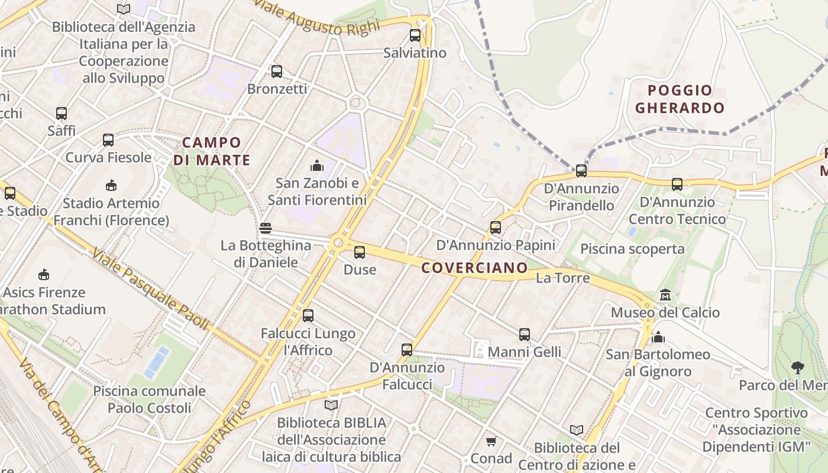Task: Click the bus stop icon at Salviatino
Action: pos(415,35)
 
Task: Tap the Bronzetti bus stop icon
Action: pos(277,72)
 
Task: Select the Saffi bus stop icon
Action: pos(62,113)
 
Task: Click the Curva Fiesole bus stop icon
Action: pos(108,140)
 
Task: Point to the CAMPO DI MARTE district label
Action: pos(212,151)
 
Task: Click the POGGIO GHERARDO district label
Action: pos(680,99)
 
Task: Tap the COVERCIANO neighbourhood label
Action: pos(474,268)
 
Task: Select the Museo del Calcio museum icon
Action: pos(665,294)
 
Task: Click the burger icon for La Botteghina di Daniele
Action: pos(266,228)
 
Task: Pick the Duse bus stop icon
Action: pos(360,252)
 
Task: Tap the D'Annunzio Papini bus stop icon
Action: pos(496,227)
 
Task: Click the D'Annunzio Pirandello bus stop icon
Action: pos(581,171)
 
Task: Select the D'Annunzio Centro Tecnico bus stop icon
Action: pos(677,184)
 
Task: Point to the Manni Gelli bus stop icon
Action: pos(525,335)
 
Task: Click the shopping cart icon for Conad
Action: pos(491,442)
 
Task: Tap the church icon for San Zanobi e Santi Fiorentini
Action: pos(317,165)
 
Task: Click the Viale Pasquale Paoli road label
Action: pos(150,289)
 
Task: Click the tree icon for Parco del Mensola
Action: pos(798,368)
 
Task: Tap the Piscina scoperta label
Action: pos(632,249)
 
